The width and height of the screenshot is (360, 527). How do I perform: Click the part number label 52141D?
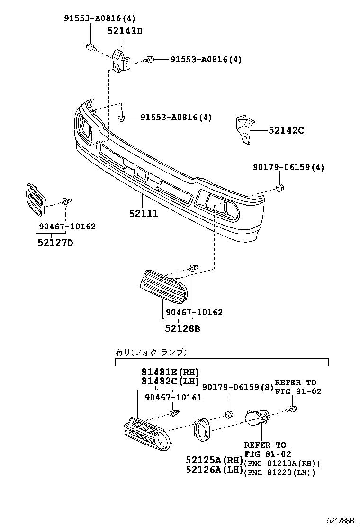coord(125,31)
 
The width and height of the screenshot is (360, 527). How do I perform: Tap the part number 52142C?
coord(286,130)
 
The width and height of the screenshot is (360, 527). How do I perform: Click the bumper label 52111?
coord(143,214)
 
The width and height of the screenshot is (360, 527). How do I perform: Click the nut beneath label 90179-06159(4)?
coord(279,189)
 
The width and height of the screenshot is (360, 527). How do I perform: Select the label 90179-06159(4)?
coord(288,167)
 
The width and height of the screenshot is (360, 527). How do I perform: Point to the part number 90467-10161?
coord(173,398)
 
